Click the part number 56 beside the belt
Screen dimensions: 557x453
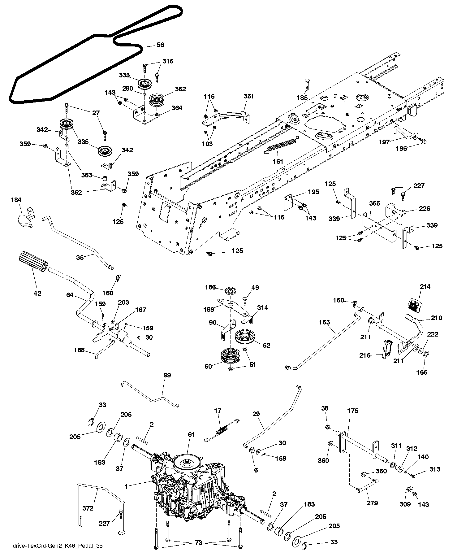(x=160, y=45)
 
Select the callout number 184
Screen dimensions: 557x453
(x=16, y=200)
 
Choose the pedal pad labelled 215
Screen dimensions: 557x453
(x=387, y=349)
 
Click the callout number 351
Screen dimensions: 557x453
(x=248, y=96)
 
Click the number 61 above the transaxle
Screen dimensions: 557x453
(x=191, y=435)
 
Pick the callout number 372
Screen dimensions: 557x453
(x=88, y=508)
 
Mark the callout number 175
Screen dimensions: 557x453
(x=353, y=411)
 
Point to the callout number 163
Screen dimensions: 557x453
(x=324, y=322)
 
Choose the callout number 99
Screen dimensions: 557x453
(x=167, y=375)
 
